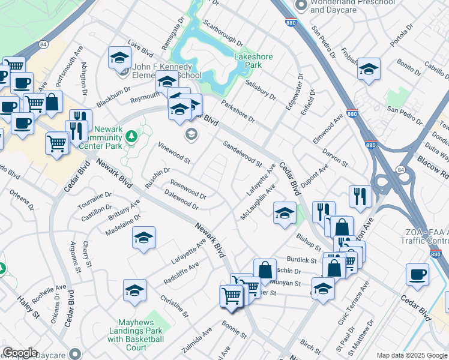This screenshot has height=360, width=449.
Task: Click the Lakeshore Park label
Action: click(x=253, y=61)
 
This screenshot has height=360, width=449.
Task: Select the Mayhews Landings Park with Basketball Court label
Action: click(x=136, y=334)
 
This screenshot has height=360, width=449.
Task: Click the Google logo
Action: click(x=20, y=353)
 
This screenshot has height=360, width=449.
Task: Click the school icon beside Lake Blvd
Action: click(x=119, y=58)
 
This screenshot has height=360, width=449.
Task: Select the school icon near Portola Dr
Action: click(x=368, y=68)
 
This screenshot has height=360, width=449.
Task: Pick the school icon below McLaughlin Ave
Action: click(x=285, y=212)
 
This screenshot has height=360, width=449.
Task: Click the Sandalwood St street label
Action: click(x=243, y=154)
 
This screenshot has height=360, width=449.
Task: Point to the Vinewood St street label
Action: click(x=174, y=154)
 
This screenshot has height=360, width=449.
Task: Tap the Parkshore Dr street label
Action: click(x=238, y=111)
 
